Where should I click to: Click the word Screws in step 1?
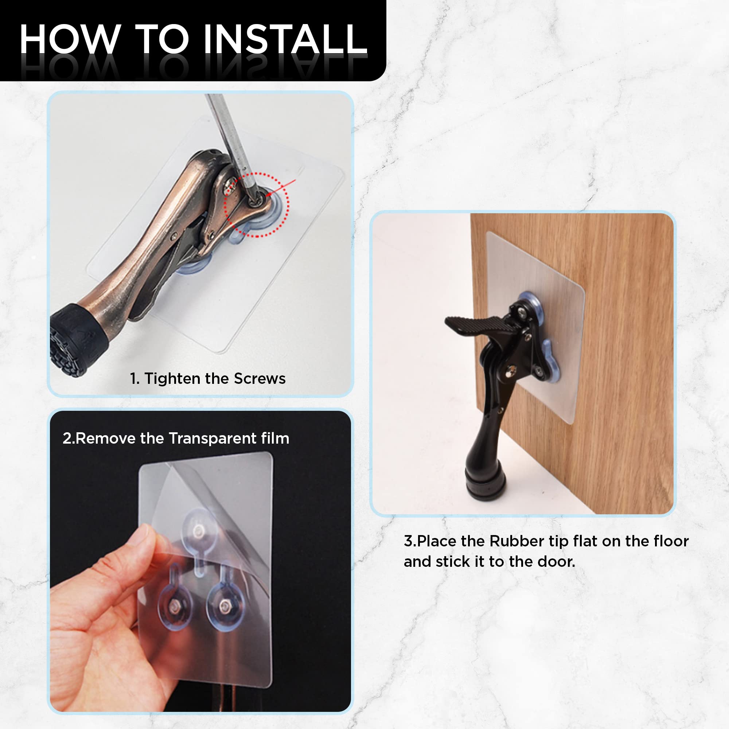[260, 378]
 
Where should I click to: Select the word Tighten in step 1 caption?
[172, 378]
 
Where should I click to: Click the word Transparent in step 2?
[212, 438]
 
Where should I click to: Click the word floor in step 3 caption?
[671, 541]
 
